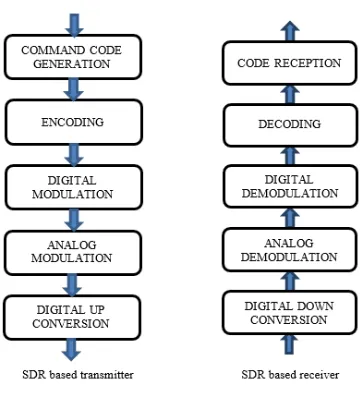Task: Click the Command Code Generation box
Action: tap(73, 57)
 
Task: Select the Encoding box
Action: tap(74, 122)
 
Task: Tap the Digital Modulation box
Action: tap(74, 187)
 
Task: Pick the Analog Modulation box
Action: tap(73, 252)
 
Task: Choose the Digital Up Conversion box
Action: tap(72, 317)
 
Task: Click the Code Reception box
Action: tap(290, 63)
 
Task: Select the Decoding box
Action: tap(290, 125)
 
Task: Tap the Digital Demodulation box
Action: tap(290, 186)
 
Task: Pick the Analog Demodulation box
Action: tap(290, 250)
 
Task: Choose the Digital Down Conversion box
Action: tap(290, 313)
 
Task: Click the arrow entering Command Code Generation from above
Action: tap(74, 25)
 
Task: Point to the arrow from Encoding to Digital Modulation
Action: tap(74, 155)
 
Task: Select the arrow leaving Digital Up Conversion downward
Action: tap(71, 350)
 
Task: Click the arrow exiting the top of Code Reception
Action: tap(290, 31)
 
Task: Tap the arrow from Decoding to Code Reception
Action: tap(290, 95)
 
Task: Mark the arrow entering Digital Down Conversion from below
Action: tap(290, 344)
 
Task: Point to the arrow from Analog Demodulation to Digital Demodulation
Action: tap(290, 218)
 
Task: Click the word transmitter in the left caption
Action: tap(107, 374)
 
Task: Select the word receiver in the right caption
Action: tap(320, 375)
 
